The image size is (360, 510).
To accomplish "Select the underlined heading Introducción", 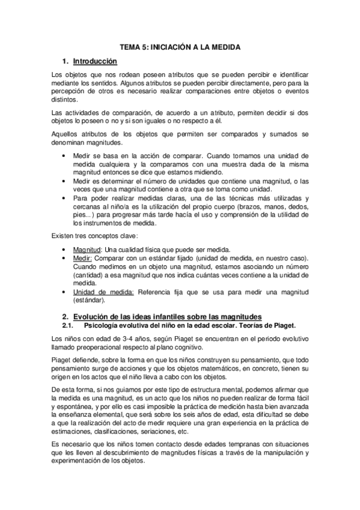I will pyautogui.click(x=95, y=61).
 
